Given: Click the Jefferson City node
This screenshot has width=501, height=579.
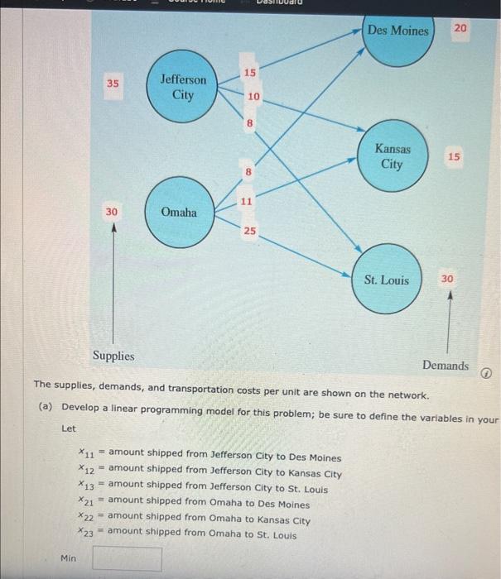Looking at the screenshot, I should pyautogui.click(x=183, y=87).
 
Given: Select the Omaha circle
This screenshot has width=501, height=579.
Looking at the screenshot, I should pyautogui.click(x=179, y=213).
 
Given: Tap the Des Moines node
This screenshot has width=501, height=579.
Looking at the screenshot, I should pyautogui.click(x=398, y=33).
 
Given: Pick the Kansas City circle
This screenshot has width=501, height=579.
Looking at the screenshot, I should pyautogui.click(x=392, y=156).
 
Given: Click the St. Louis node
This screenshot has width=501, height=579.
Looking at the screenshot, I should pyautogui.click(x=386, y=280).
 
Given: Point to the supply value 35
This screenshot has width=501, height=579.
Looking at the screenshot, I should pyautogui.click(x=113, y=84).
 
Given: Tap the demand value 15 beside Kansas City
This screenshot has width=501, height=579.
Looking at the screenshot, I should pyautogui.click(x=454, y=156).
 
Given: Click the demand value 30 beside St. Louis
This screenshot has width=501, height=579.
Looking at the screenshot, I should pyautogui.click(x=447, y=279).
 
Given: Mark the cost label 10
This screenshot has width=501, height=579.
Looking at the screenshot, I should pyautogui.click(x=253, y=97).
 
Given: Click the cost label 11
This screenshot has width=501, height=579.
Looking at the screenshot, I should pyautogui.click(x=247, y=201).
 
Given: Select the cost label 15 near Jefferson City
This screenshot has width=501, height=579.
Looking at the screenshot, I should pyautogui.click(x=248, y=74).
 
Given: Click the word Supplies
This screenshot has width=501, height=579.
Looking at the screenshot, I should pyautogui.click(x=113, y=356).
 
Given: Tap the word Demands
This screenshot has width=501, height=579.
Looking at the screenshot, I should pyautogui.click(x=445, y=365).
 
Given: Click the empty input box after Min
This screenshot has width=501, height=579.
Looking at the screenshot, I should pyautogui.click(x=127, y=559).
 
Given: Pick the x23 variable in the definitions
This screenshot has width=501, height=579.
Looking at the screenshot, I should pyautogui.click(x=85, y=533).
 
